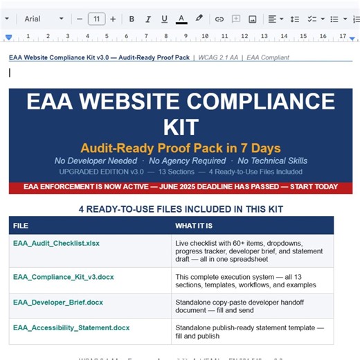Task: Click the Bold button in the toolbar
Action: pos(132,19)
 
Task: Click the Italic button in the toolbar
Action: pos(147,19)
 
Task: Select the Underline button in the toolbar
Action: pos(164,19)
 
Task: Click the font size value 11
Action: pos(96,19)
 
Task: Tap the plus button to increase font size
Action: pos(113,19)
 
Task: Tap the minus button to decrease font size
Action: pos(80,19)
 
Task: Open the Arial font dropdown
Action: pos(44,19)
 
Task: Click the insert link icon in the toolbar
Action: pos(219,19)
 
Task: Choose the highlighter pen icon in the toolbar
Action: pos(199,19)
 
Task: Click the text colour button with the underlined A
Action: pos(181,19)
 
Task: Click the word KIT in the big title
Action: pos(181,127)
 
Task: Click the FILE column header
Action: pos(21,226)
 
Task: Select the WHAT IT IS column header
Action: pos(195,226)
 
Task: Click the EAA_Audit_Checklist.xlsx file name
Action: pos(56,244)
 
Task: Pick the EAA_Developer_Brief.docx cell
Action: pos(57,302)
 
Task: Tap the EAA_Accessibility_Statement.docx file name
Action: pos(71,327)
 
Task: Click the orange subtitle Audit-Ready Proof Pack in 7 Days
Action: pos(180,147)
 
